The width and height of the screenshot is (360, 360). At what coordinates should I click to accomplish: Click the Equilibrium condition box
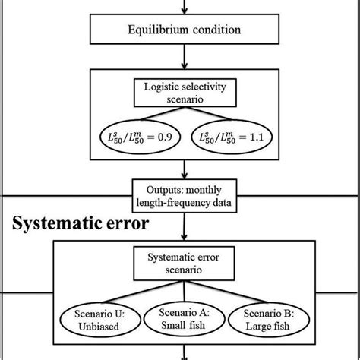181,32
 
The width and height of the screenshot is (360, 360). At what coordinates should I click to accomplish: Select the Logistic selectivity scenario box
181,96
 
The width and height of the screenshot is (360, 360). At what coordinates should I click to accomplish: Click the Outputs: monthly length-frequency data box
181,194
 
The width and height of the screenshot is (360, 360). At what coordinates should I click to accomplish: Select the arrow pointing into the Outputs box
181,170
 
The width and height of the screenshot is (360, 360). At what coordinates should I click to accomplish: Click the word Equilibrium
152,32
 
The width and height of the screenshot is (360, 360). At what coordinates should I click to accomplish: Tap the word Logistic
161,89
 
